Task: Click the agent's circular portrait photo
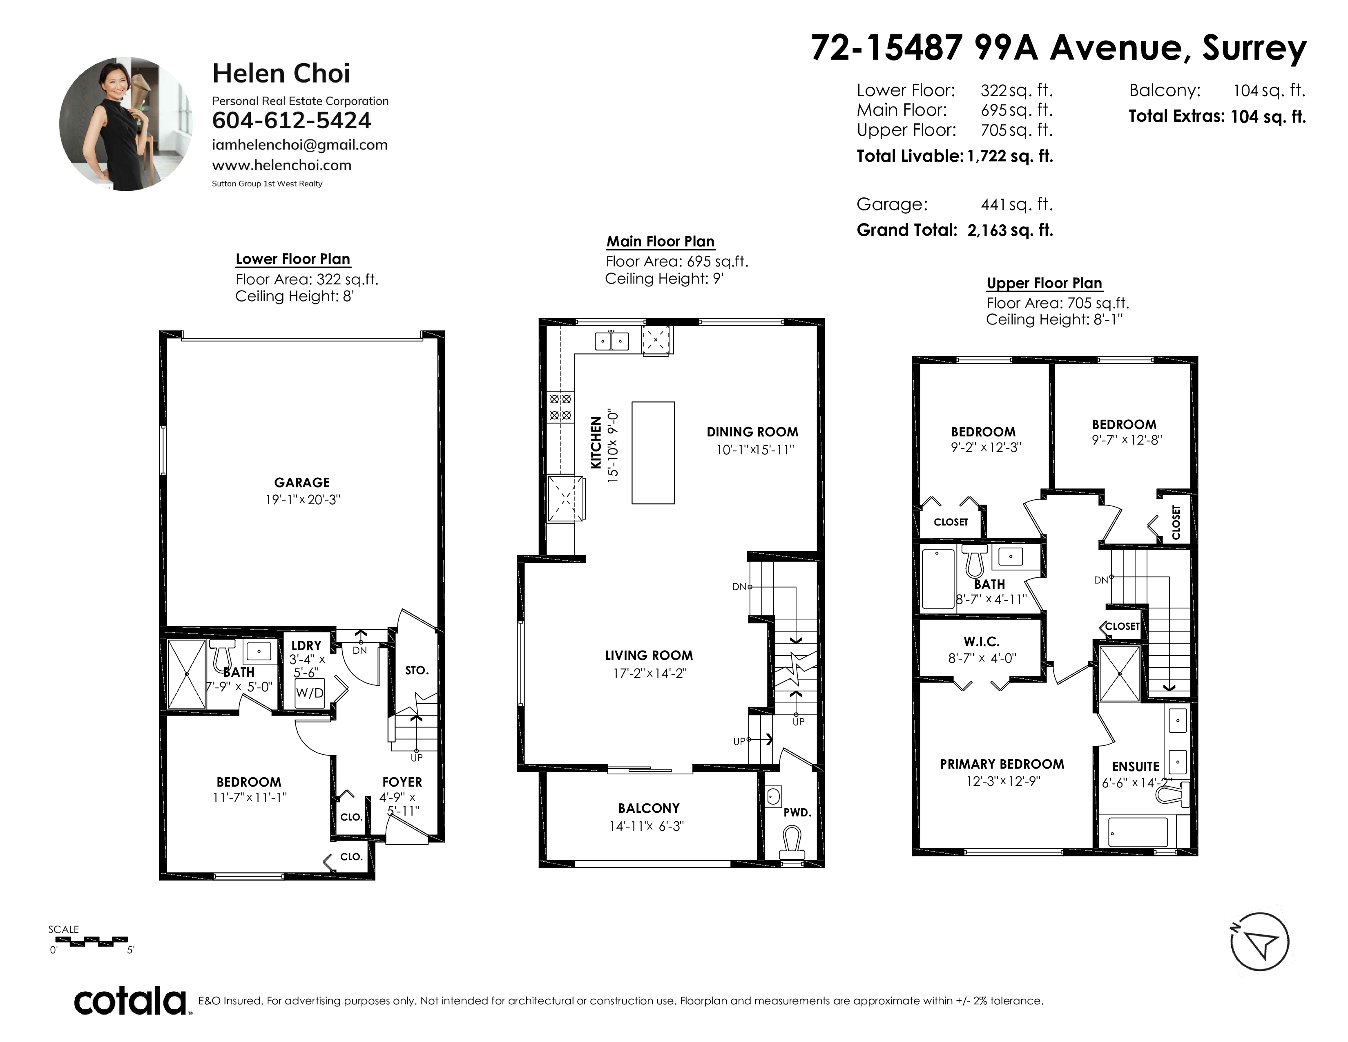coord(126,124)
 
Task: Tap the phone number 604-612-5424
coord(291,121)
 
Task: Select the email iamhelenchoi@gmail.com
coord(299,145)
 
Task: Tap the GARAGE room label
coord(302,483)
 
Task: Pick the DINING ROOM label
coord(752,432)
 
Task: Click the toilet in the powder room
coord(792,844)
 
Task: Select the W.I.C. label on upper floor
coord(981,642)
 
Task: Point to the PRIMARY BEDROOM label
coord(1002,764)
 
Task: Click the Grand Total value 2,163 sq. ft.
coord(1010,230)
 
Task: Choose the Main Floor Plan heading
coord(661,241)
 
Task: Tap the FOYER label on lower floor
coord(402,782)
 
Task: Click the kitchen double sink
coord(612,341)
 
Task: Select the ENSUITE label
coord(1136,767)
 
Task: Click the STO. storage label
coord(417,671)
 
